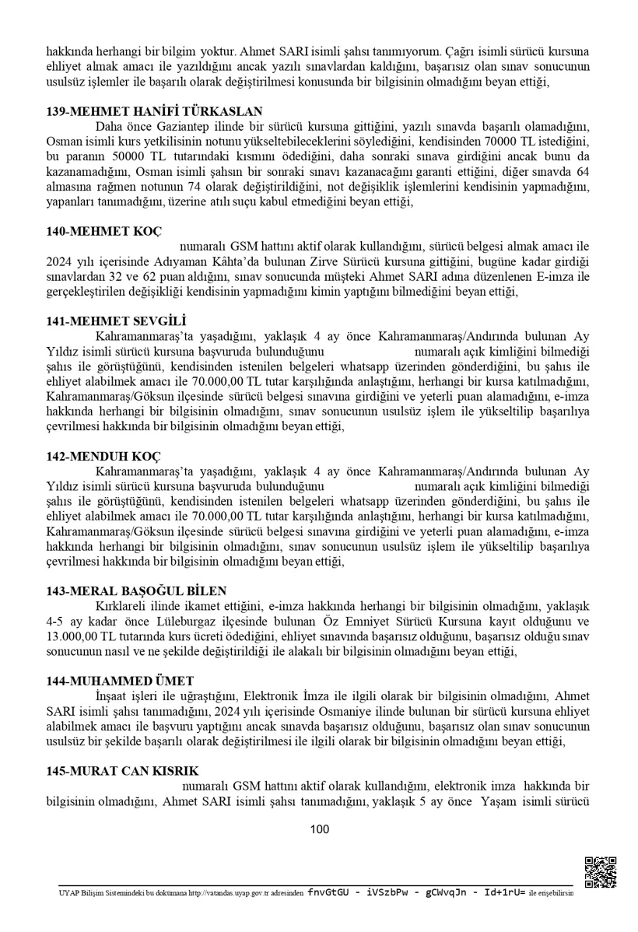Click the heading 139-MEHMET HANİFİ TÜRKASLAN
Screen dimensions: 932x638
tap(154, 110)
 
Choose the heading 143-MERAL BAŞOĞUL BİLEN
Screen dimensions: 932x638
tap(136, 590)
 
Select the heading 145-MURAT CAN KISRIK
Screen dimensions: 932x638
tap(122, 771)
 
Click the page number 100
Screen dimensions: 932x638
tap(319, 829)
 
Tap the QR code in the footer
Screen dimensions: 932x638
tap(600, 872)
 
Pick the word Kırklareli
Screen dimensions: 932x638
tap(124, 607)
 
